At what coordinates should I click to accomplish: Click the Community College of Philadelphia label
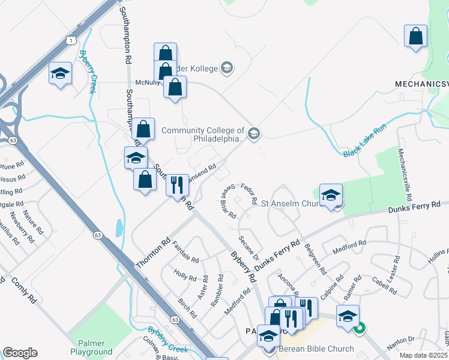pos(203,134)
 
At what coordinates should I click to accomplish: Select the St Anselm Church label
pos(293,204)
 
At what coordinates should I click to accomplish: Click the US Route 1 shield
pos(71,40)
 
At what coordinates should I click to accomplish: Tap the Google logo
pos(20,353)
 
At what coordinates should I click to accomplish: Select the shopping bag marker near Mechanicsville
pos(415,37)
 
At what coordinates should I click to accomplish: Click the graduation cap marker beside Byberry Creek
pos(59,74)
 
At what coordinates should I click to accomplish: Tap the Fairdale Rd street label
pos(185,251)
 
